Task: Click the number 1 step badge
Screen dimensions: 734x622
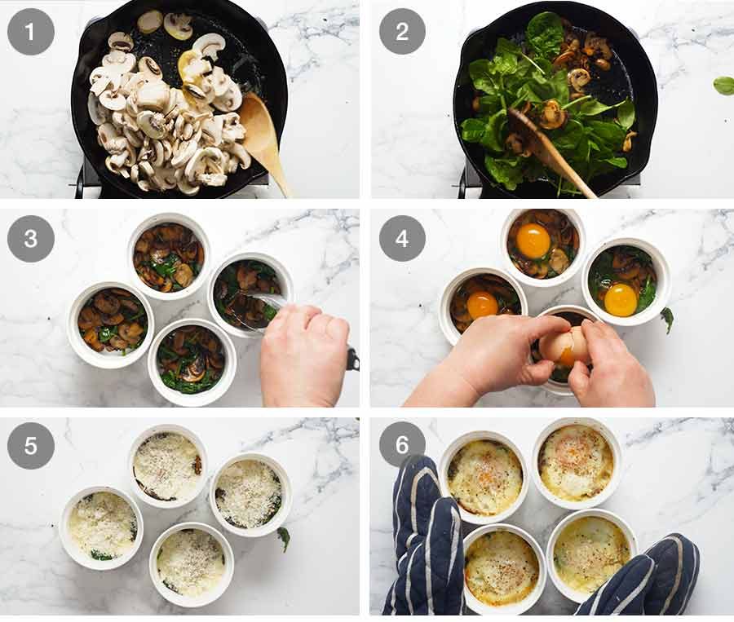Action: [x=30, y=32]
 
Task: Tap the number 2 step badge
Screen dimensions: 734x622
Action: [x=402, y=32]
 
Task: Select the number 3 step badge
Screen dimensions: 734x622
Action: [x=30, y=239]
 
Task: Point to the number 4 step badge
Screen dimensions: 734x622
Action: [x=402, y=239]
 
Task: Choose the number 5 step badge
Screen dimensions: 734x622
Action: [x=30, y=446]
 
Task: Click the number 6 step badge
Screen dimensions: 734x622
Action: [x=402, y=444]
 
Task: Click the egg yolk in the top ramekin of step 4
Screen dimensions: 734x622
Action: [x=533, y=240]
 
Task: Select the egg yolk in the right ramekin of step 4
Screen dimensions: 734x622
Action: [x=621, y=300]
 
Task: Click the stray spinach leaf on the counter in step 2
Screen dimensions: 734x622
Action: [x=723, y=86]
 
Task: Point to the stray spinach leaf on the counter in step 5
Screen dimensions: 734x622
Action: [x=283, y=539]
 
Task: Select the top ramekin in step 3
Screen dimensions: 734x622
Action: [x=169, y=257]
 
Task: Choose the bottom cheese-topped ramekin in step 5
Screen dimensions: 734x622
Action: [x=192, y=564]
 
